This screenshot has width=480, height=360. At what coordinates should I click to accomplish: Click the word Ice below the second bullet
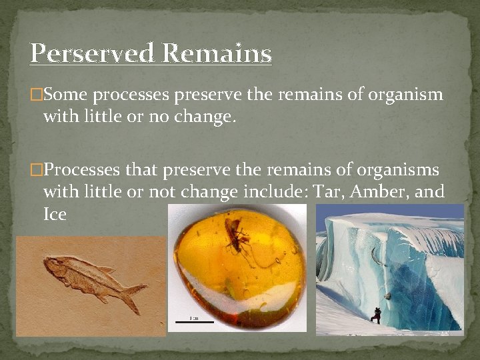pyautogui.click(x=55, y=215)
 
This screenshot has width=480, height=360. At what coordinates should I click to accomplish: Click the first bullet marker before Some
pyautogui.click(x=35, y=95)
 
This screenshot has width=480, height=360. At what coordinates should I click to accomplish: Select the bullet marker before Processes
pyautogui.click(x=35, y=170)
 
